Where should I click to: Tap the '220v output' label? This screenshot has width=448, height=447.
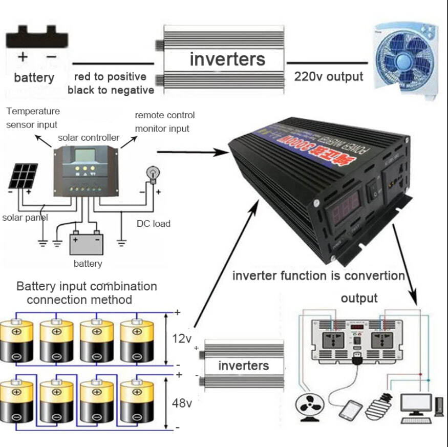click(x=328, y=77)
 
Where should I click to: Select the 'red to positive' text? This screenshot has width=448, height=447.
click(x=110, y=77)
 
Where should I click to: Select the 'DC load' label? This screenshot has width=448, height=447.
click(x=153, y=223)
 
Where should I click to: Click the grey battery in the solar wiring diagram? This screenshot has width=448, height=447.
click(x=87, y=243)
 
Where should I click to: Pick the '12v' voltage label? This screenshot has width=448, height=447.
click(x=182, y=338)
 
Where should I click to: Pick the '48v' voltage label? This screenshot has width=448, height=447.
click(x=182, y=403)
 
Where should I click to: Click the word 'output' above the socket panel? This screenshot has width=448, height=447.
click(x=359, y=298)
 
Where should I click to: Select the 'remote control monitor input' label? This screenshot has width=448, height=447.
click(x=164, y=122)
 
